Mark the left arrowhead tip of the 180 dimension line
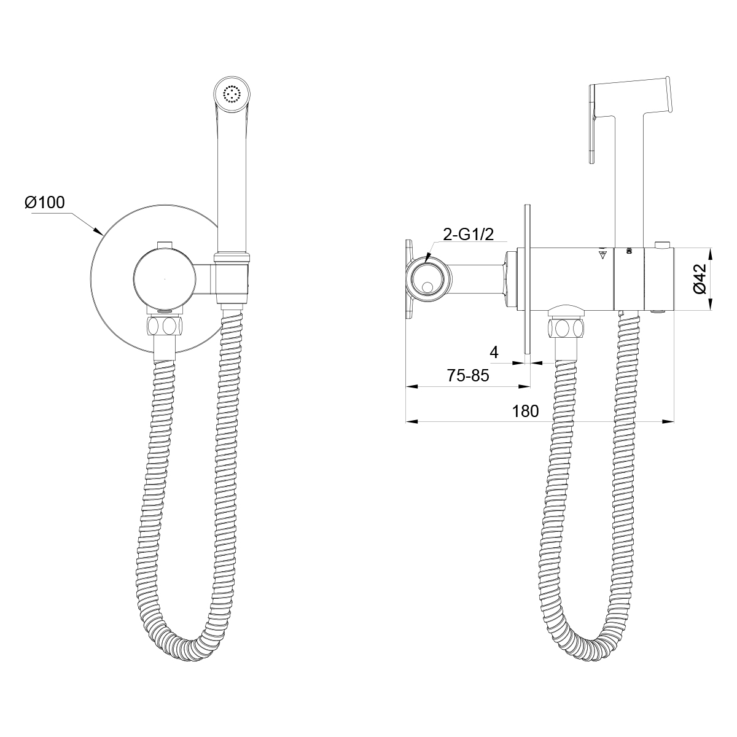pos(406,421)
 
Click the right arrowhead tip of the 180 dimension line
pos(674,421)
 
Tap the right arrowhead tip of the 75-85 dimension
pos(530,387)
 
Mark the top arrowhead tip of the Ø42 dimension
pos(711,249)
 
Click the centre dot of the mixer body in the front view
pos(165,279)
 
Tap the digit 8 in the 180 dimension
pos(525,411)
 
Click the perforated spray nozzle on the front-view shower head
pos(232,94)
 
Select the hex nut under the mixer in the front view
pos(165,326)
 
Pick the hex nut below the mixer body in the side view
pos(566,328)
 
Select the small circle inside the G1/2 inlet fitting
pos(427,287)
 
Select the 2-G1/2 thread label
pos(468,234)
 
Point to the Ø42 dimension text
pos(698,279)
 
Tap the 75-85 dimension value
pos(468,376)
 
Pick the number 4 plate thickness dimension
pos(494,353)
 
